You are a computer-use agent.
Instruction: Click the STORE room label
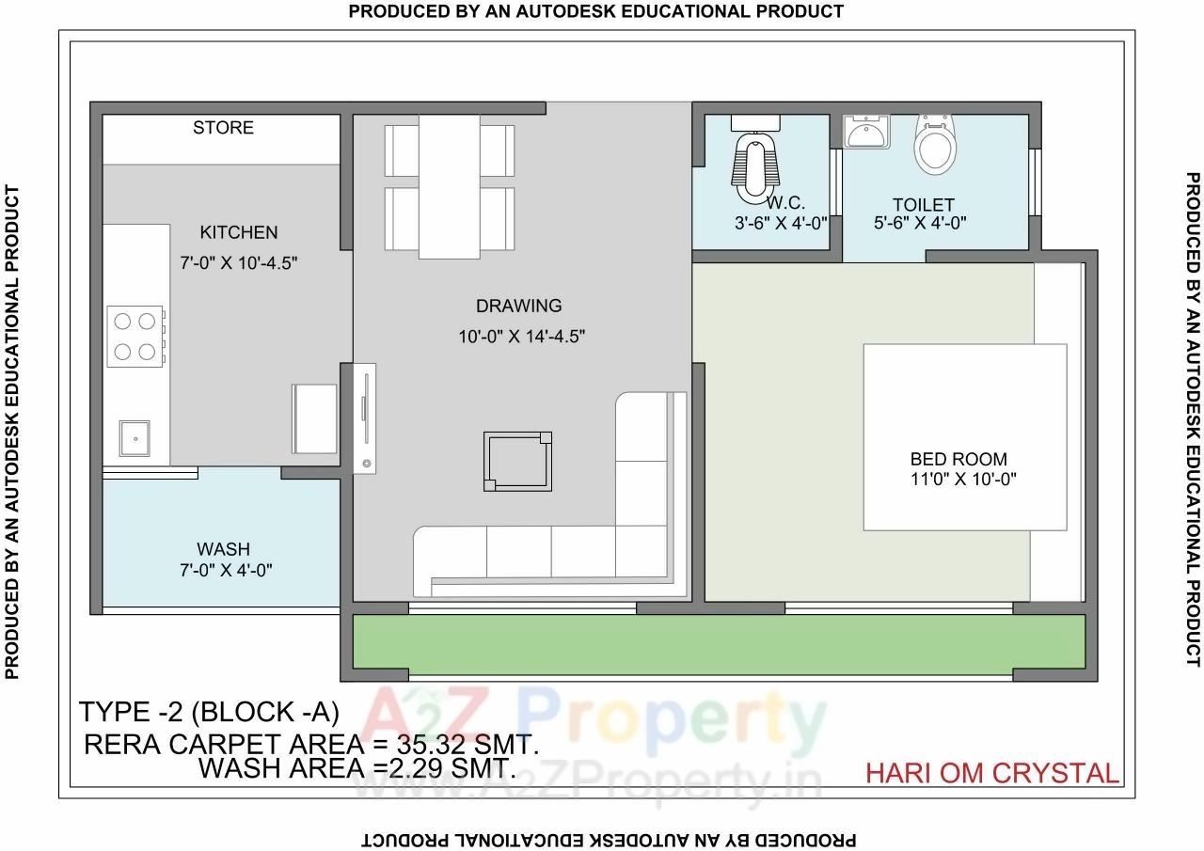[x=223, y=128]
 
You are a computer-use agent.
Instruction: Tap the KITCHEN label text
[x=238, y=232]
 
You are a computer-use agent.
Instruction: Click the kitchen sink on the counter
[x=135, y=437]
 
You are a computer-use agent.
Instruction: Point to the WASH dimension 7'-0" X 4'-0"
[x=226, y=570]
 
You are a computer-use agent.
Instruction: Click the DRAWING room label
[x=518, y=306]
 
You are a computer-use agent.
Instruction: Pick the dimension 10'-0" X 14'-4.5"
[x=522, y=337]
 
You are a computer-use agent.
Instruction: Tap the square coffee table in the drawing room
[x=517, y=461]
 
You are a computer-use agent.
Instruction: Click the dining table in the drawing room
[x=450, y=185]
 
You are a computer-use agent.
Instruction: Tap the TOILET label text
[x=923, y=204]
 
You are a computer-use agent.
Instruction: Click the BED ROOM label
[x=958, y=459]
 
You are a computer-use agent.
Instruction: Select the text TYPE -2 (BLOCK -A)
[x=208, y=711]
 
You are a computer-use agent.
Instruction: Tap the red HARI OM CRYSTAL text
[x=991, y=773]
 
